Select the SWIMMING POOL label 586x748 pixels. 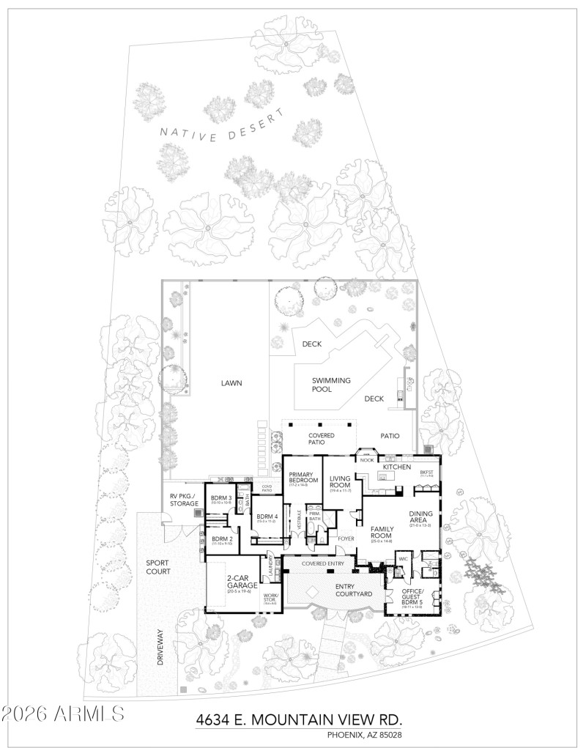(331, 385)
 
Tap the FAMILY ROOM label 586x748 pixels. (382, 532)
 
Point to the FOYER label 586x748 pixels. (346, 538)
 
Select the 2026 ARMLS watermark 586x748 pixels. (63, 713)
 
